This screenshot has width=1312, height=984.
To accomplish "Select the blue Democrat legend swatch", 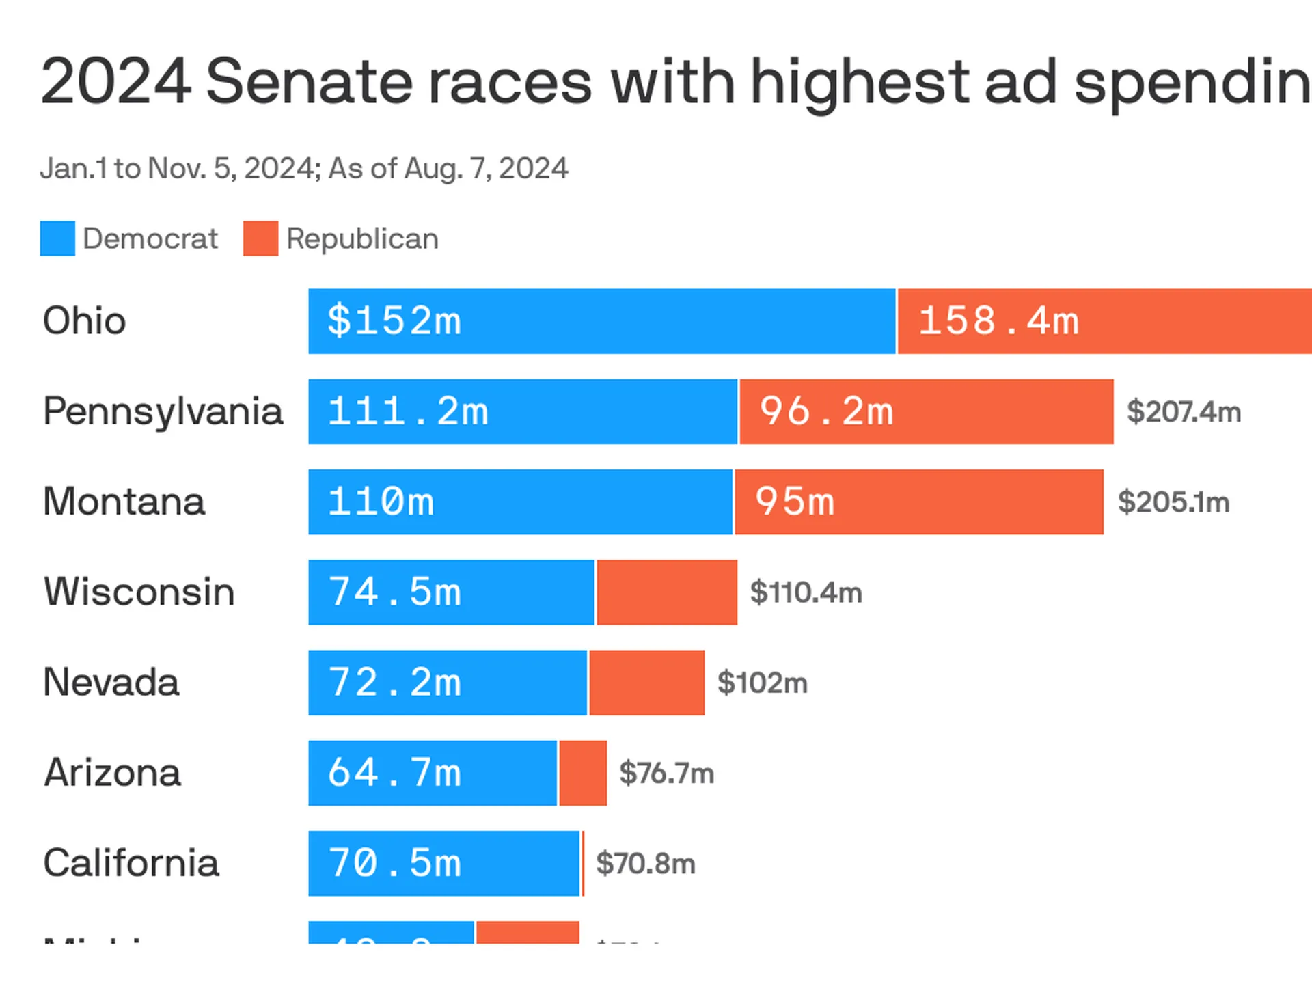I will (57, 238).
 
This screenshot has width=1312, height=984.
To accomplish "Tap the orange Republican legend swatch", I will (260, 238).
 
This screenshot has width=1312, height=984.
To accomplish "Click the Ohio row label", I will (84, 320).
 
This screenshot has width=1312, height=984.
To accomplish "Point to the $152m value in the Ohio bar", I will (394, 320).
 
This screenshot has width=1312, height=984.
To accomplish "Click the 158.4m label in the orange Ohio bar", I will (998, 320).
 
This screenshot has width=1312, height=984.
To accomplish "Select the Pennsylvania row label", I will (163, 411).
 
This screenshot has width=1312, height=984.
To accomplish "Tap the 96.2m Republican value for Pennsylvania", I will (827, 411).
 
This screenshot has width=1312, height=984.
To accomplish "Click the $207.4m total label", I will (1184, 411).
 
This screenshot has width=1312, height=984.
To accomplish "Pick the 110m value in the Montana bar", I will (381, 502).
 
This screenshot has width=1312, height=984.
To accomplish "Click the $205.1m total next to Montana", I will (1173, 502).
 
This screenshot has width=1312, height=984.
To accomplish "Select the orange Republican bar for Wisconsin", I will (666, 592).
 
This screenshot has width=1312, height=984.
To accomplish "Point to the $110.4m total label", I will (806, 592).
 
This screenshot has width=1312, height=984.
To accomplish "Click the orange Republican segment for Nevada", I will (646, 683).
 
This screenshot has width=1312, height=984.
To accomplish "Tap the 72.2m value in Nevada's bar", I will (394, 683).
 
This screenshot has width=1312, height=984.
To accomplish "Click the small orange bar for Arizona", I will (583, 773).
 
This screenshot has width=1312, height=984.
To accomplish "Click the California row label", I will (131, 863).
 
